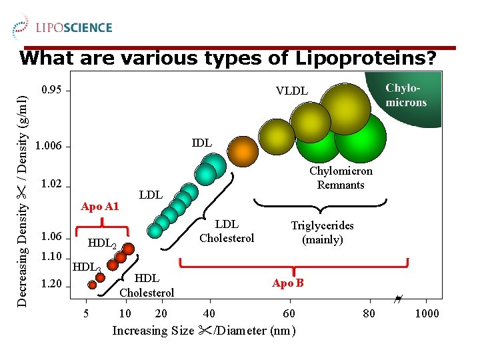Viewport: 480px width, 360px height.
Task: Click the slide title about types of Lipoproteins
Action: (228, 58)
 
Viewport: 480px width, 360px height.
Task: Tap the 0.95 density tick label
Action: (52, 89)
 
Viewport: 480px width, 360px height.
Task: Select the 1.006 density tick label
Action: (49, 145)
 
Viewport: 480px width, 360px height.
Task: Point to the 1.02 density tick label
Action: (52, 184)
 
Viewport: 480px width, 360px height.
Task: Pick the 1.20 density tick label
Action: (52, 285)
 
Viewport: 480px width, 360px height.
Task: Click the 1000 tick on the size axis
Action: (427, 313)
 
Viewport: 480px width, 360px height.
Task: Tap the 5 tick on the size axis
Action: (85, 313)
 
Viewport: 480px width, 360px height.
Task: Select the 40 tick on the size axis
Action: (209, 313)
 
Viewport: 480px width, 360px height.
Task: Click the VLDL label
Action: (292, 91)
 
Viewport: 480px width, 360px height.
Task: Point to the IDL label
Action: (202, 143)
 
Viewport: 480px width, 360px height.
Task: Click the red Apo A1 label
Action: (99, 207)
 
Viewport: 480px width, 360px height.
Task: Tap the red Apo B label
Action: (288, 283)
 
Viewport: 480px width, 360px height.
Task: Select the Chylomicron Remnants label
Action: (341, 178)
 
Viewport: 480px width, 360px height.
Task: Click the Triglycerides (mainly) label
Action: (323, 232)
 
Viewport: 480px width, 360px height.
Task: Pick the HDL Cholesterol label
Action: (147, 285)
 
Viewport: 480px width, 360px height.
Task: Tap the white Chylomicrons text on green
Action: (406, 95)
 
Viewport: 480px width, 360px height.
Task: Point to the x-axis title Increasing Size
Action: (204, 331)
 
